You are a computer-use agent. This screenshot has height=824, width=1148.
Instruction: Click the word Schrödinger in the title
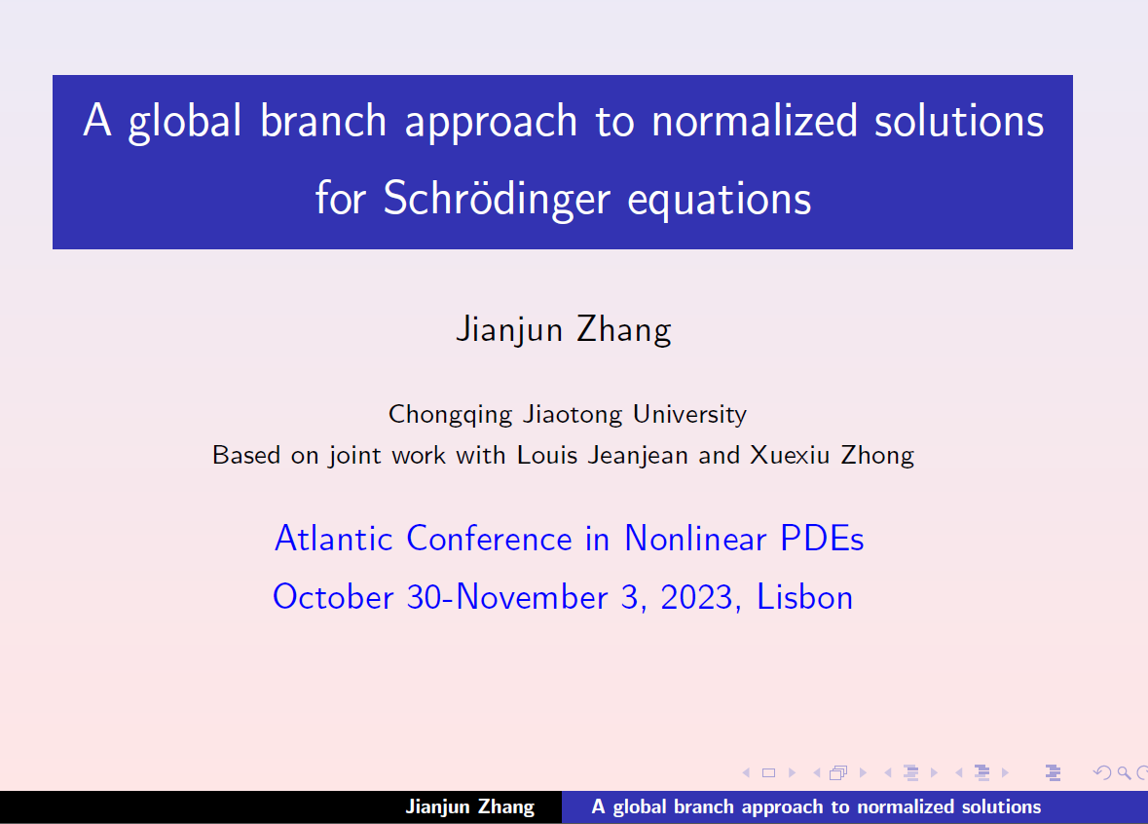[x=497, y=200]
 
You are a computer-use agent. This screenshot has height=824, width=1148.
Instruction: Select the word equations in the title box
[x=719, y=201]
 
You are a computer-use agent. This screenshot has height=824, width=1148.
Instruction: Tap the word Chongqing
[x=450, y=415]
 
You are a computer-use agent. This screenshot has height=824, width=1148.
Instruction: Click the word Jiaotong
[x=573, y=415]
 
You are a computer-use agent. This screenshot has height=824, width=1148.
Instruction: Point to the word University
[x=689, y=415]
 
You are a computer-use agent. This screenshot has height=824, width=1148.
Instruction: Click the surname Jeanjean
[x=638, y=456]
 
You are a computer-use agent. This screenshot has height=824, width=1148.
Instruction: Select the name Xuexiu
[x=790, y=456]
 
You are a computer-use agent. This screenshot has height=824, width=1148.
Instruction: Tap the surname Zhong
[x=877, y=456]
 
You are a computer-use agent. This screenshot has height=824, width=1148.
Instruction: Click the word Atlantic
[x=334, y=539]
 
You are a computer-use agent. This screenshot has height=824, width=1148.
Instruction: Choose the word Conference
[x=489, y=539]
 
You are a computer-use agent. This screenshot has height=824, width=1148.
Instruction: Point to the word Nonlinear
[x=695, y=539]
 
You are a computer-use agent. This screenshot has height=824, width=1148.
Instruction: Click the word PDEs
[x=822, y=539]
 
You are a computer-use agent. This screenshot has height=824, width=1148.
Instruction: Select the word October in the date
[x=333, y=597]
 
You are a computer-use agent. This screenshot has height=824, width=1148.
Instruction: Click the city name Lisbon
[x=804, y=597]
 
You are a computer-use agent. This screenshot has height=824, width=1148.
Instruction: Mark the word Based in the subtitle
[x=246, y=456]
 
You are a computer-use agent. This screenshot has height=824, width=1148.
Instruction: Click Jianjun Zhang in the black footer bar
[x=470, y=806]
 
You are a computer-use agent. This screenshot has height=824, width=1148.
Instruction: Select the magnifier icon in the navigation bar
[x=1124, y=772]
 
